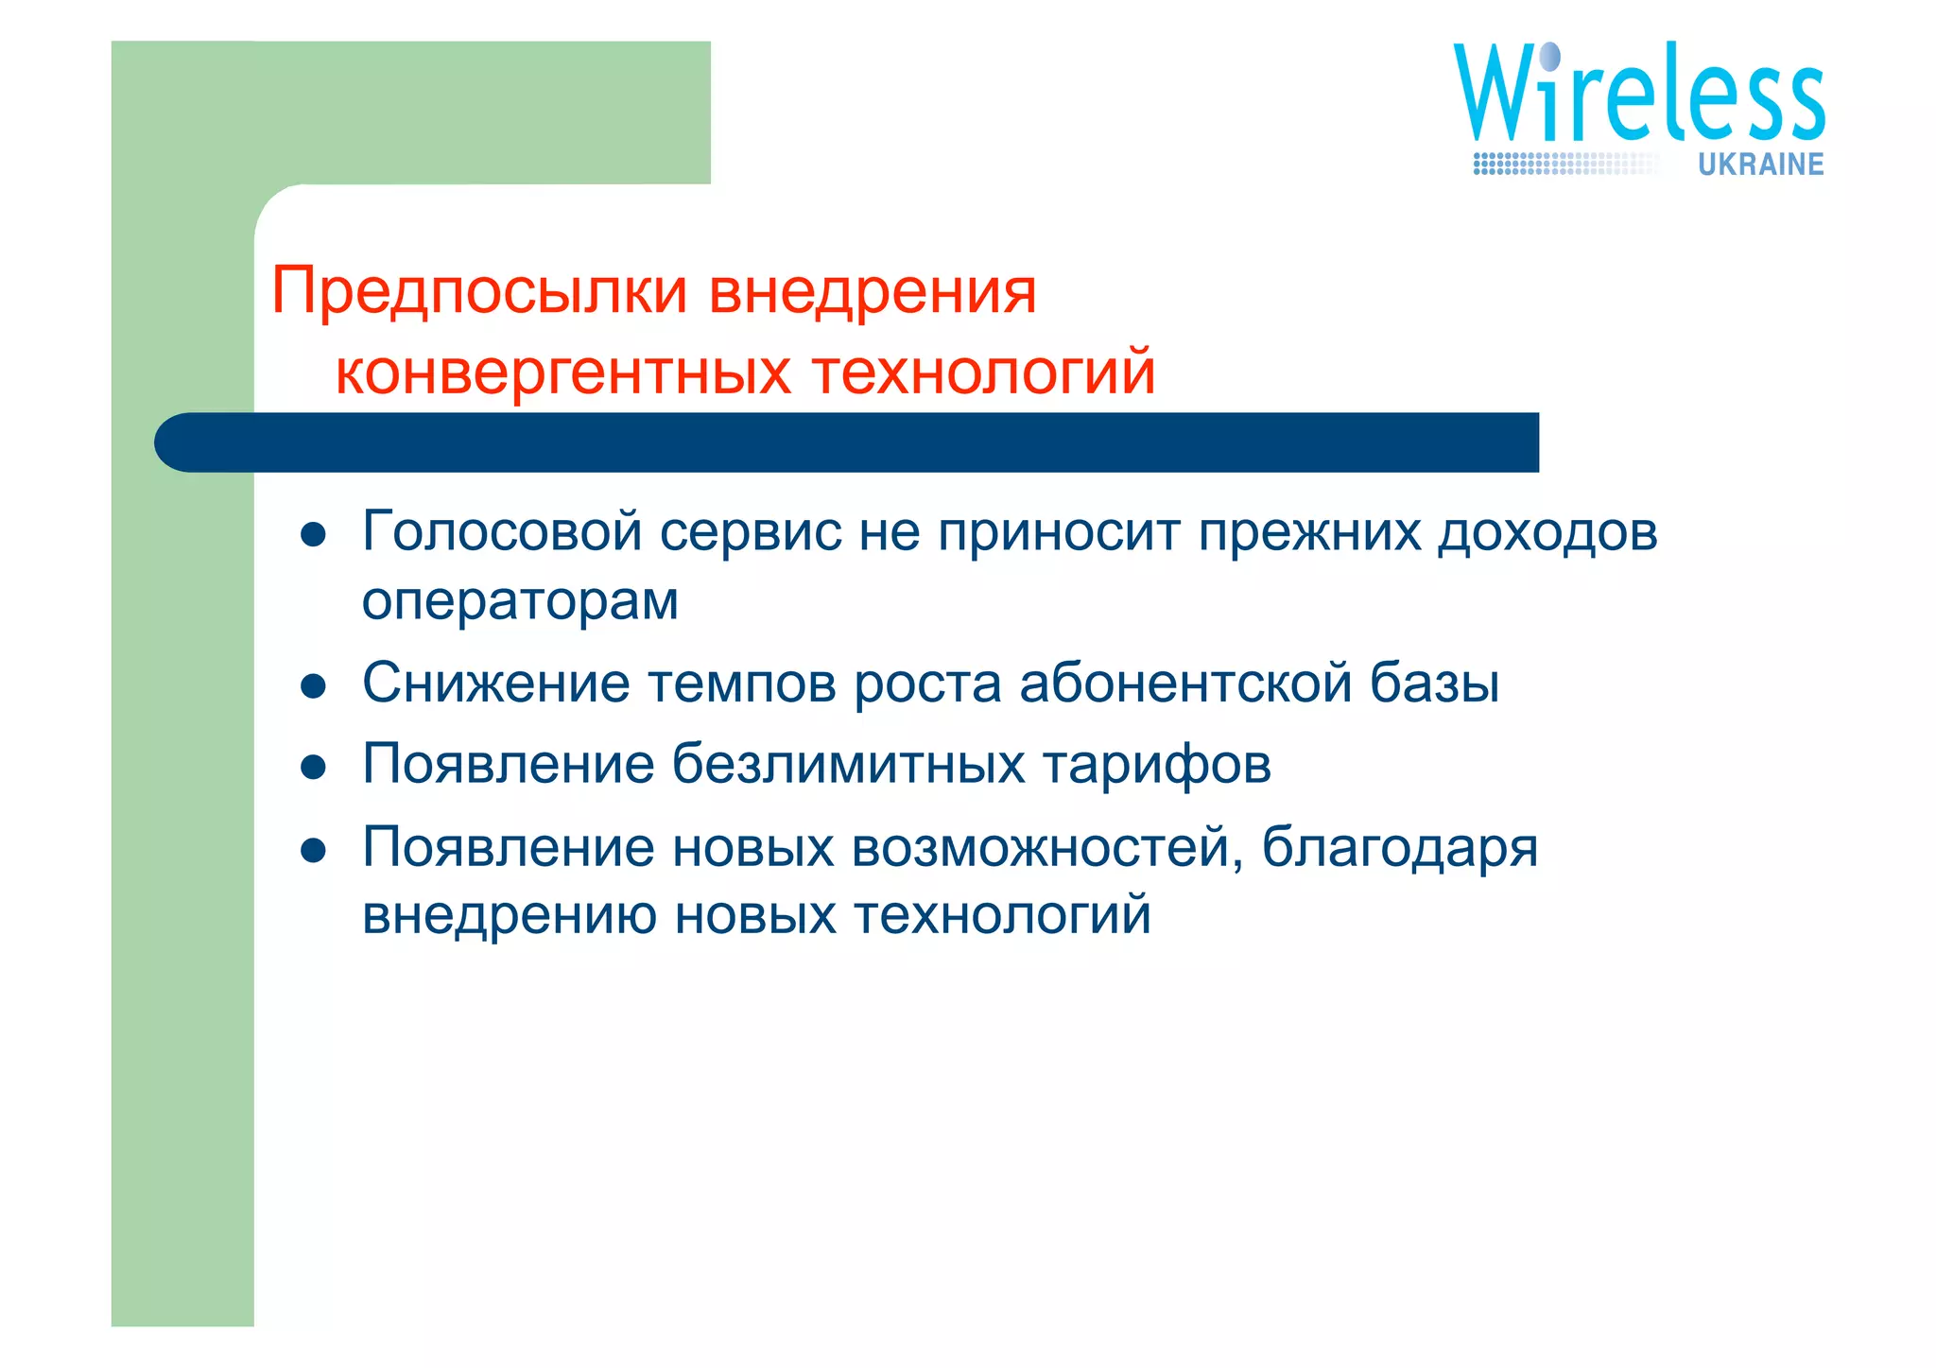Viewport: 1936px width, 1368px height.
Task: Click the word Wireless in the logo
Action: (1638, 95)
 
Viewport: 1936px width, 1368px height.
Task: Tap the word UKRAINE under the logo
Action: (1760, 165)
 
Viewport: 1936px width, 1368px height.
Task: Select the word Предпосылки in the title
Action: (479, 291)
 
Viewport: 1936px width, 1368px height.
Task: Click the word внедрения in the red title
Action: (873, 291)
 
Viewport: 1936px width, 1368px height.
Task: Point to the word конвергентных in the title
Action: (562, 372)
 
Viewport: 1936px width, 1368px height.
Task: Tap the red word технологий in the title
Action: (983, 372)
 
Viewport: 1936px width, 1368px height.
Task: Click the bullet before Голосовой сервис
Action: (313, 535)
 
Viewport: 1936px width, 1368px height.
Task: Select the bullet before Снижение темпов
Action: (313, 685)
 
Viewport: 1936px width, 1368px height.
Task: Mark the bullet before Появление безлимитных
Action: (313, 767)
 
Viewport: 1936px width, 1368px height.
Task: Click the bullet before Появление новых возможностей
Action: (313, 850)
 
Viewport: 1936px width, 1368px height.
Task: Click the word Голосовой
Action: (502, 531)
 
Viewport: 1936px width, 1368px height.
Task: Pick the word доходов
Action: (1547, 531)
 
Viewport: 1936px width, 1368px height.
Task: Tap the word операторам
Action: (520, 602)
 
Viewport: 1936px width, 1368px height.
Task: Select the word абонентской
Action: (1185, 683)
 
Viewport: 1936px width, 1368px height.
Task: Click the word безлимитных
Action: (848, 764)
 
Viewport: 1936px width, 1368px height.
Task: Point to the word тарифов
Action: (1157, 764)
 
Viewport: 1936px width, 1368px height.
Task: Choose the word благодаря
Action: (1399, 848)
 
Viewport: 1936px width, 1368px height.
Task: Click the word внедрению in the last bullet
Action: (510, 915)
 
